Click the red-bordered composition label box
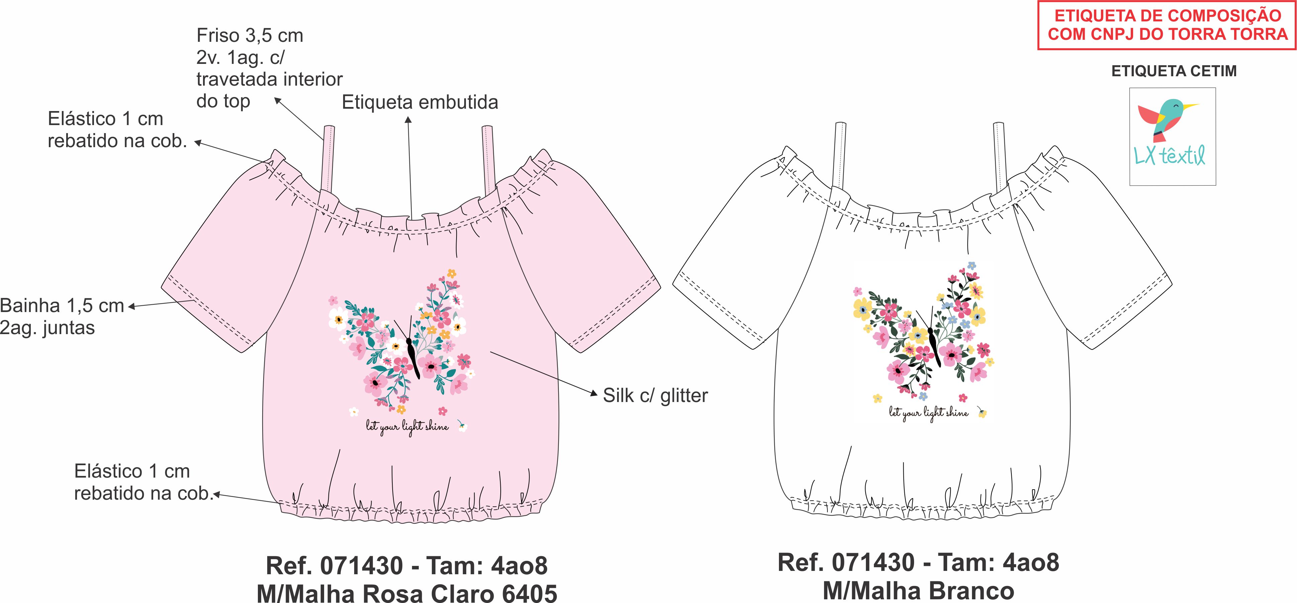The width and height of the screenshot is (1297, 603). click(x=1167, y=25)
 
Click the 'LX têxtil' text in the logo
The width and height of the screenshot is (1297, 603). click(x=1169, y=156)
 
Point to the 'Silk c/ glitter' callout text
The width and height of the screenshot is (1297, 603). click(x=655, y=396)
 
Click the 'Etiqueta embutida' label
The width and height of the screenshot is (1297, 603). click(x=420, y=102)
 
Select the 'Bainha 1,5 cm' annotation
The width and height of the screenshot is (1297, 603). click(x=62, y=306)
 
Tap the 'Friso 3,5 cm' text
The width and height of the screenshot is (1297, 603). click(x=250, y=36)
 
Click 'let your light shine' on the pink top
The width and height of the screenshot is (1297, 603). click(x=407, y=427)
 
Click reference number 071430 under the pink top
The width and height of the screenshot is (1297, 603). click(x=362, y=566)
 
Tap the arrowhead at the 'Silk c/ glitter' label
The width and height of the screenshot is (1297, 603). click(x=594, y=393)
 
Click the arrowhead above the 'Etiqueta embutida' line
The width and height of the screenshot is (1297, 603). click(x=408, y=120)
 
